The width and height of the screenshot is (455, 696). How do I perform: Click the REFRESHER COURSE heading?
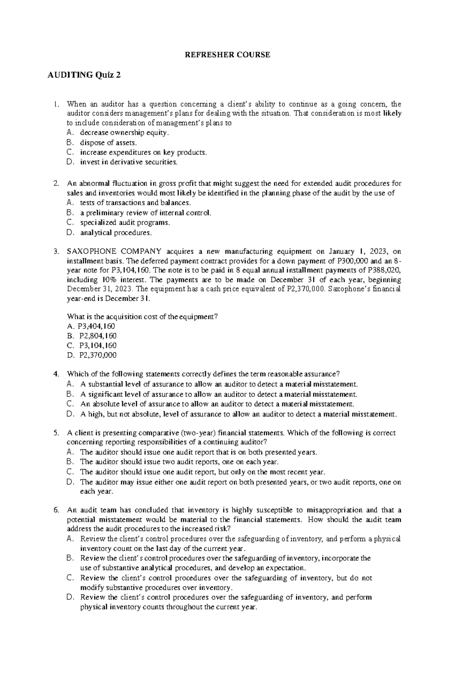pos(227,55)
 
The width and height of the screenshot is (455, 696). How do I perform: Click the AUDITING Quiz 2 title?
pos(84,75)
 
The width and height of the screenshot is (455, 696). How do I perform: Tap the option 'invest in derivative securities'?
pos(128,162)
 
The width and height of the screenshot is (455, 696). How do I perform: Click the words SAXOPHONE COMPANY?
pos(114,251)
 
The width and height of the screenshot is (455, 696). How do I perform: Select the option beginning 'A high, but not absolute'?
pos(238,414)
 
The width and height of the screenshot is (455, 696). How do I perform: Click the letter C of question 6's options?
pos(69,578)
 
